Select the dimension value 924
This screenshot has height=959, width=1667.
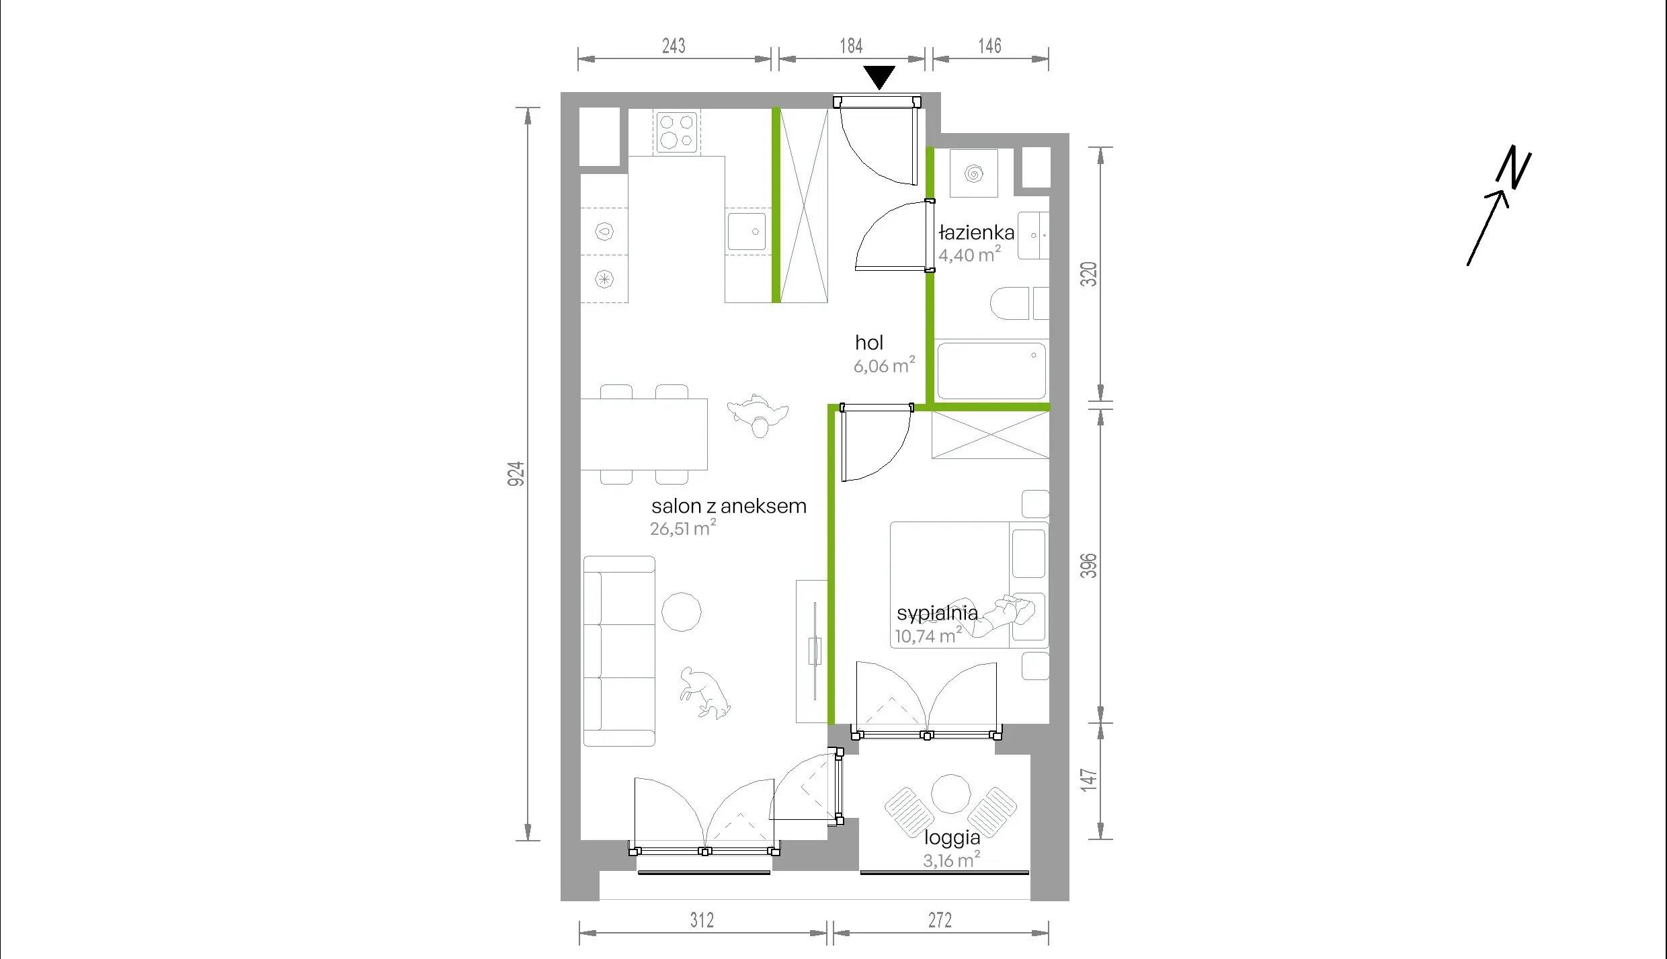(x=516, y=474)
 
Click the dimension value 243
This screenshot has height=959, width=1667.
(x=674, y=46)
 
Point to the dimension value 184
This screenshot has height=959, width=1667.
(x=851, y=46)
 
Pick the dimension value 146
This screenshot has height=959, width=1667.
(x=989, y=46)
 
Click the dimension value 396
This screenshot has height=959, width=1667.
(x=1088, y=565)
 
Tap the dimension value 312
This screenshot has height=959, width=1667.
(x=702, y=920)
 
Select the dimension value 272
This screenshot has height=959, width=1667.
(x=940, y=920)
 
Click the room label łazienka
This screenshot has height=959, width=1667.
(x=976, y=233)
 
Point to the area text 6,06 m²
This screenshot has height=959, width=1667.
(x=884, y=365)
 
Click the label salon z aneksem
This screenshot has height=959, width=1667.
(x=729, y=506)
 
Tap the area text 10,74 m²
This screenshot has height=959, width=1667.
(x=928, y=635)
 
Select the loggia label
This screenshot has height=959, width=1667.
(x=952, y=838)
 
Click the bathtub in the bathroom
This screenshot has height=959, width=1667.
(x=991, y=370)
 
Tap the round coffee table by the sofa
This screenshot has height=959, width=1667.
(x=682, y=612)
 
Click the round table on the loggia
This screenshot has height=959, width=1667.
(x=951, y=794)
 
